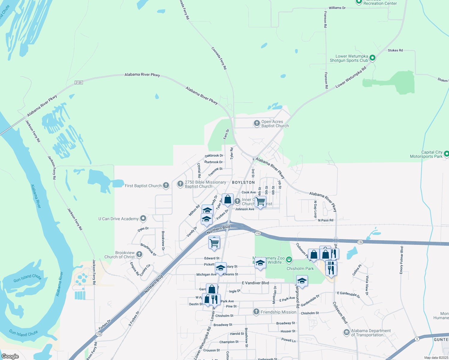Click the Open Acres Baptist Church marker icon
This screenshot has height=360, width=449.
[257, 123]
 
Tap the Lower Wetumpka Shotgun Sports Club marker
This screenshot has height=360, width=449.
[372, 58]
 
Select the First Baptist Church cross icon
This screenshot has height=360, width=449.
[166, 185]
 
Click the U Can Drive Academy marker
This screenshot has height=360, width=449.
[143, 218]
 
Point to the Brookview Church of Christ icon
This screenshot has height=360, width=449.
[139, 255]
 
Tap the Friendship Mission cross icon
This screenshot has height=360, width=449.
[256, 312]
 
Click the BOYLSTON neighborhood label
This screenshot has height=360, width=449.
[243, 182]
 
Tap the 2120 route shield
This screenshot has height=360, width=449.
[79, 82]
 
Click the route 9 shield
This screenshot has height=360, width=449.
[417, 339]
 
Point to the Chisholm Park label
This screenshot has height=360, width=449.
[300, 268]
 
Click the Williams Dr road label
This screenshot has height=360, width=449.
[337, 8]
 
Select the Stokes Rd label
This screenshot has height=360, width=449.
[395, 50]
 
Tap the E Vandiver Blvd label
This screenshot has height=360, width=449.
[255, 283]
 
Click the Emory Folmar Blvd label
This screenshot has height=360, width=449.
[402, 260]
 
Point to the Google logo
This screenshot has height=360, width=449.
[10, 356]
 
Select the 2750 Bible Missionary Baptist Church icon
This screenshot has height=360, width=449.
[180, 184]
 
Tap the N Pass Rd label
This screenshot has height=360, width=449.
[326, 220]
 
